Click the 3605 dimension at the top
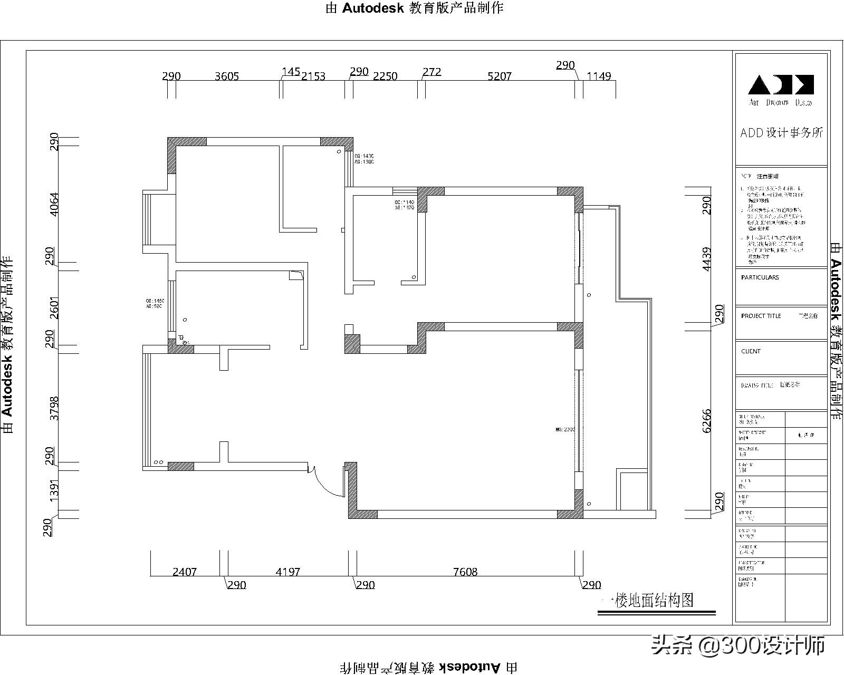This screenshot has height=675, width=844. (x=227, y=76)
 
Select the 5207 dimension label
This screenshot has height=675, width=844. (x=499, y=76)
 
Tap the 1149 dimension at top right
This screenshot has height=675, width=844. (x=599, y=76)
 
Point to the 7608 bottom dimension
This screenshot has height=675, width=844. (x=465, y=572)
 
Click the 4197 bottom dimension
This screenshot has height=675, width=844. (x=288, y=572)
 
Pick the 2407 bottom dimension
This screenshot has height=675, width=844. (x=185, y=572)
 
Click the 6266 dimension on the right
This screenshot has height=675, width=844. (x=707, y=420)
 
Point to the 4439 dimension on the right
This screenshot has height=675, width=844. (x=707, y=259)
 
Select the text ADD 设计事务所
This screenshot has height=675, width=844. (x=781, y=133)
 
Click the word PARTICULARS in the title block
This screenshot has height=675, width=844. (x=760, y=277)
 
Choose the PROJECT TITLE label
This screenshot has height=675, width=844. (x=761, y=316)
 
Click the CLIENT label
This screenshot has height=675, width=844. (x=751, y=351)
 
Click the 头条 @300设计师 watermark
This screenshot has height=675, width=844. (x=738, y=644)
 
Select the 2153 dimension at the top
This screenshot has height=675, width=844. (x=313, y=76)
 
